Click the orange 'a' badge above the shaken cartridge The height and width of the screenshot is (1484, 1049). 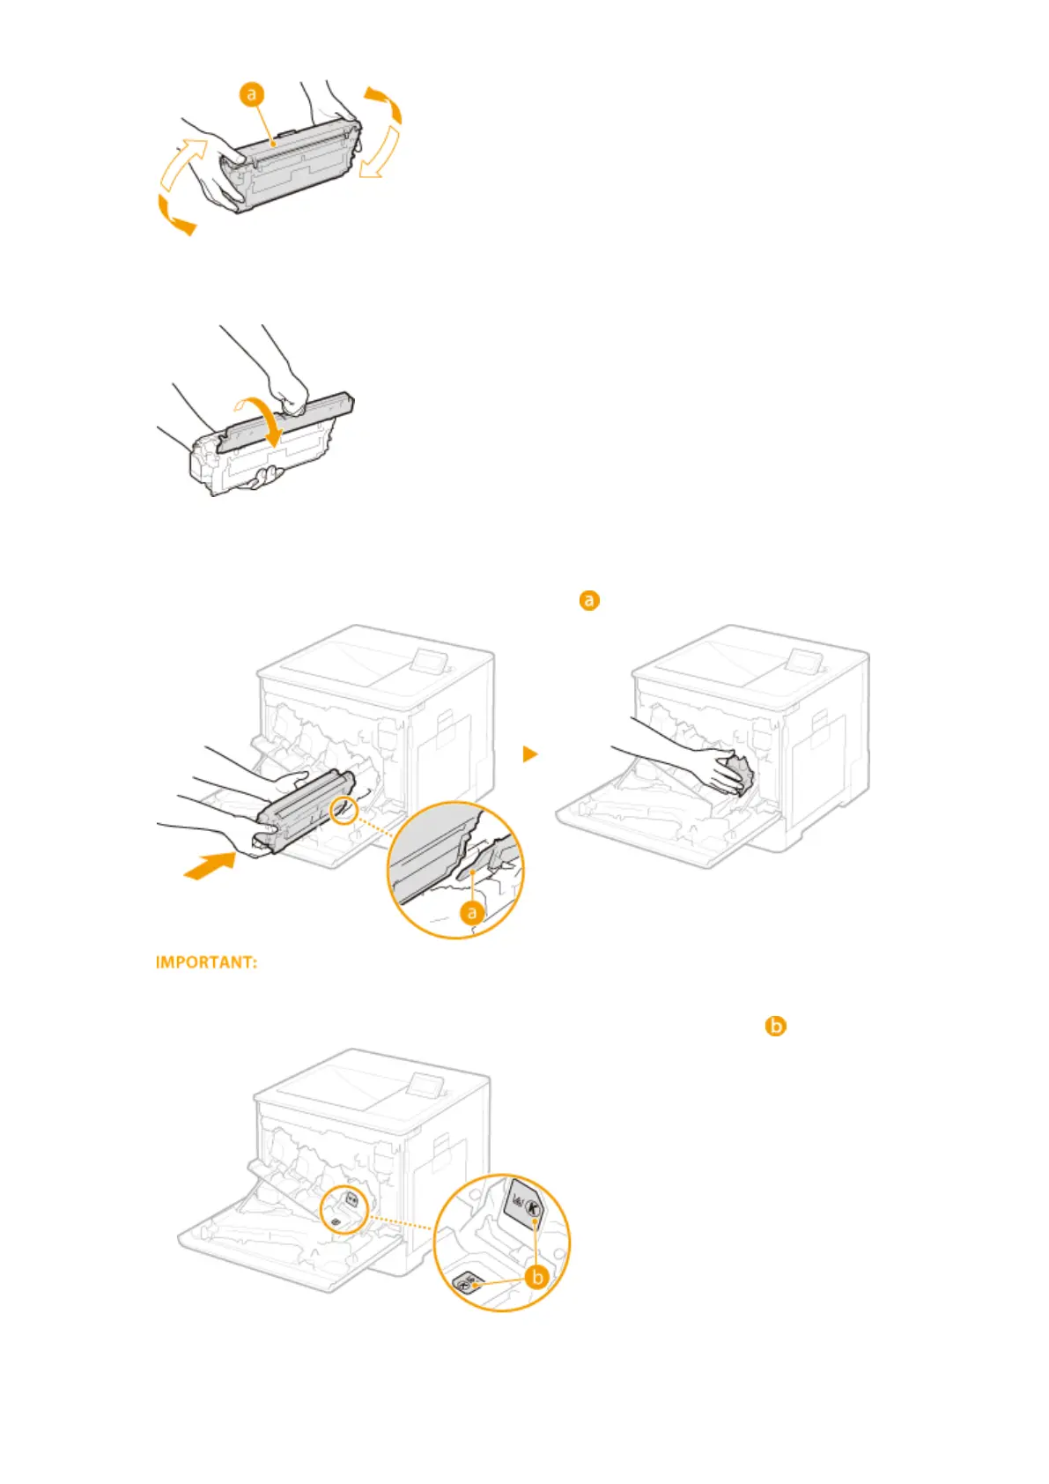click(x=253, y=94)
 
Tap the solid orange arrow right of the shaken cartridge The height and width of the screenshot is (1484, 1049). click(x=385, y=103)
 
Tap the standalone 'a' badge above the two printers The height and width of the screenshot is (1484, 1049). click(x=588, y=600)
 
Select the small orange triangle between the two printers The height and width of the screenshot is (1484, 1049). click(x=528, y=754)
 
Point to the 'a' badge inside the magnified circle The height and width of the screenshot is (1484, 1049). click(x=472, y=912)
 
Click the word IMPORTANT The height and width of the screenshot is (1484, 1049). click(x=207, y=962)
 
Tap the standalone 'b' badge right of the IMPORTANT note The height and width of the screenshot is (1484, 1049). click(x=775, y=1026)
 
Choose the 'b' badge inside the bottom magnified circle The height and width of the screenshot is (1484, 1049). click(x=536, y=1276)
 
